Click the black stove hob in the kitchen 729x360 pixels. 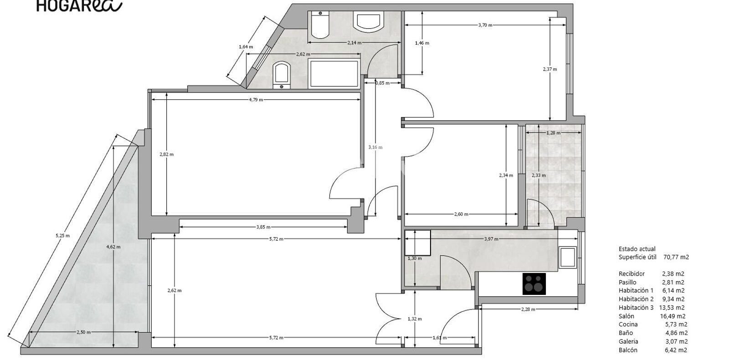[534, 284]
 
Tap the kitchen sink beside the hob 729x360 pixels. [568, 257]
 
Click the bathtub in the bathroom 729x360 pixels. [334, 73]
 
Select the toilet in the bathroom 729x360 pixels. [320, 25]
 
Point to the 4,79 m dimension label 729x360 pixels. [256, 100]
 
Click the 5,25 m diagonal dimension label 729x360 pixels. [62, 236]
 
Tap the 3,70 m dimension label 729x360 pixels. [485, 25]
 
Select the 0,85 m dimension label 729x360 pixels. [382, 83]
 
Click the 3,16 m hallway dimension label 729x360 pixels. [375, 147]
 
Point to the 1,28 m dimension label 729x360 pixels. [554, 133]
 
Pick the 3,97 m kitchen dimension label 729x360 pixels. [491, 239]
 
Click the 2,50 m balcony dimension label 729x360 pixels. [84, 332]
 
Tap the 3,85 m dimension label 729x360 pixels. [263, 227]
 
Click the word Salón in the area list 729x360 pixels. [626, 316]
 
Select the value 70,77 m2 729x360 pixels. [676, 257]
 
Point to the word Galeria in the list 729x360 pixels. [628, 341]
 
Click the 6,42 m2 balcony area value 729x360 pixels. [676, 350]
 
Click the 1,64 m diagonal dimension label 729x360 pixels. [246, 47]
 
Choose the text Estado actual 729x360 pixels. [637, 249]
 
